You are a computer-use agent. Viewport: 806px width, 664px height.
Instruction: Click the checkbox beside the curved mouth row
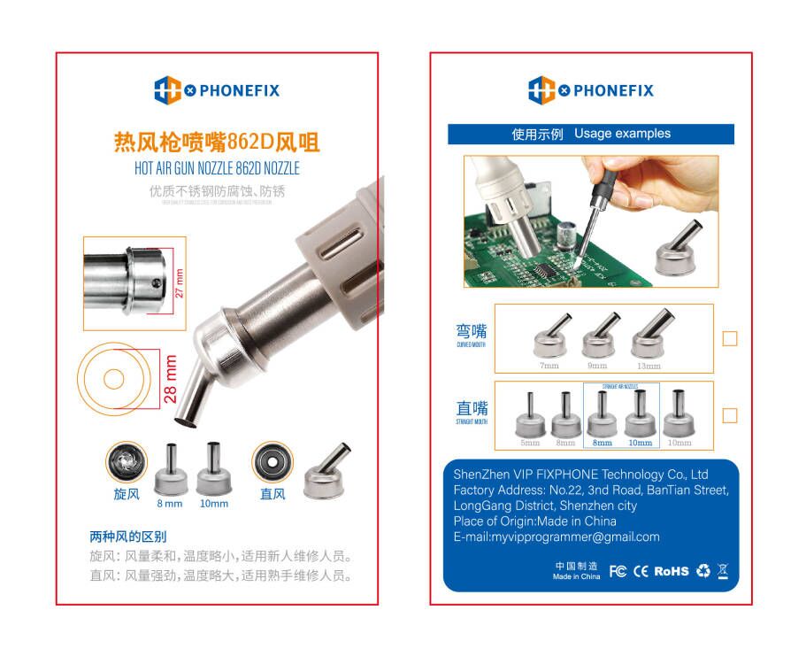729,338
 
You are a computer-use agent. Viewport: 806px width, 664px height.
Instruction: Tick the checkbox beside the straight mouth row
729,415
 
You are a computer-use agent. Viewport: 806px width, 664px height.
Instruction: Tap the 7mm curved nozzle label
549,365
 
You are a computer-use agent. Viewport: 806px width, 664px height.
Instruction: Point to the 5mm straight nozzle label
529,443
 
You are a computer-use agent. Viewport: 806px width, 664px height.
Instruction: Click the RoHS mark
672,571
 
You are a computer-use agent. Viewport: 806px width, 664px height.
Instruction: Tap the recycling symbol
702,571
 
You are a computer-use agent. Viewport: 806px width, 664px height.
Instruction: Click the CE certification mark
641,571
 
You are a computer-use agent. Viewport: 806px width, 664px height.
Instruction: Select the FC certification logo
618,571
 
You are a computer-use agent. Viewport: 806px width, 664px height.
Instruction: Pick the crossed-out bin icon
723,570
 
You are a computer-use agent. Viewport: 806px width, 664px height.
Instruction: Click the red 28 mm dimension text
171,379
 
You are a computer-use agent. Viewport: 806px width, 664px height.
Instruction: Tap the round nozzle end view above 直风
272,462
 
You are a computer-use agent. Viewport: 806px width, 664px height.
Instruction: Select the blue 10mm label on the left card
213,504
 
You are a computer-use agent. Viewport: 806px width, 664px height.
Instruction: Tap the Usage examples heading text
622,134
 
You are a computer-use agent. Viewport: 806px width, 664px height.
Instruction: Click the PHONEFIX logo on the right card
591,90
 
